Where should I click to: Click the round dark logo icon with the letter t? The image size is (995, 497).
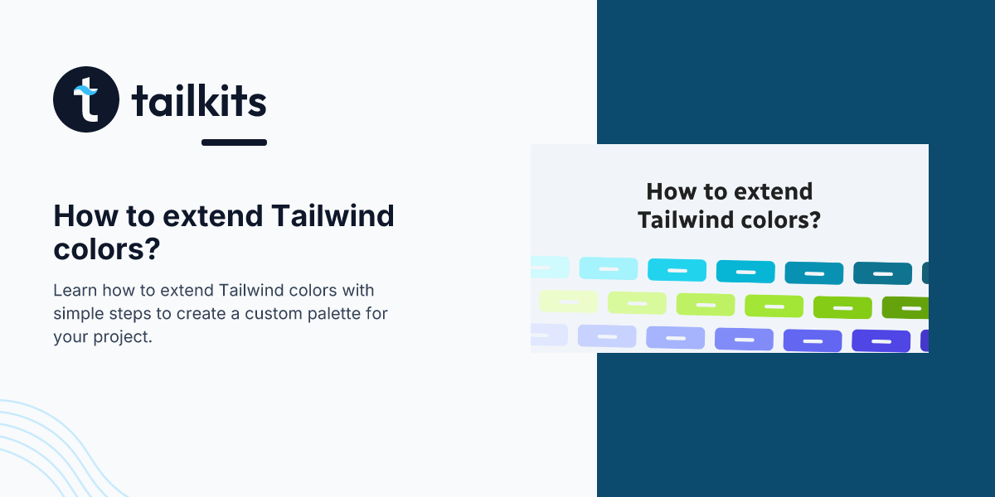coord(86,99)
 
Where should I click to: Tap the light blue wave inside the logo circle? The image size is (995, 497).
coord(85,90)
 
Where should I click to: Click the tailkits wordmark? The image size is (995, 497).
coord(199,101)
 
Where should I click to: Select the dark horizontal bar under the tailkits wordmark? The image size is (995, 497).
coord(234,142)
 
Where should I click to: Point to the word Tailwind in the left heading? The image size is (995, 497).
coord(332,216)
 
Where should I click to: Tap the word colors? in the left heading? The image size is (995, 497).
coord(107,249)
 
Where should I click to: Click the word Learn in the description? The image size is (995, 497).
coord(75,290)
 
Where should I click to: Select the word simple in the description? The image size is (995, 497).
coord(79,314)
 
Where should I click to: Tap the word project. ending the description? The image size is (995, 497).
coord(123,338)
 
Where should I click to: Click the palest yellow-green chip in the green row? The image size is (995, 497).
coord(569,302)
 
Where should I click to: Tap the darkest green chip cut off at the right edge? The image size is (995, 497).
coord(905,308)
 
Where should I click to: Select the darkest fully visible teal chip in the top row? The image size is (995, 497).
coord(882,273)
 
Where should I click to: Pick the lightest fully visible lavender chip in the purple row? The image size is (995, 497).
coord(607,336)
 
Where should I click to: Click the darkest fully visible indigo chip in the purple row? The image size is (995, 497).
coord(881,340)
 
